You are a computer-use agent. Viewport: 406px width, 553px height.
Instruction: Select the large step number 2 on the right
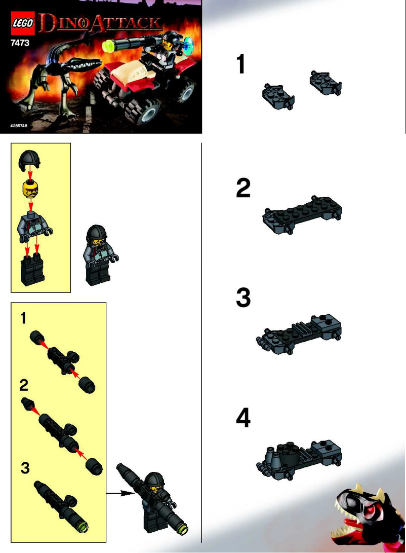[243, 188]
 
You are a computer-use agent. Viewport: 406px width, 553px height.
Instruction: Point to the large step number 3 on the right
[243, 298]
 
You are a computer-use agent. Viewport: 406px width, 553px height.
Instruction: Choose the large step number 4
[243, 419]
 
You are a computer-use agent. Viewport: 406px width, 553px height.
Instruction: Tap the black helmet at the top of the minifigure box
[30, 162]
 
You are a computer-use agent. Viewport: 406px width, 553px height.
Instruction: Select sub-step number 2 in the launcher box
[24, 385]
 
